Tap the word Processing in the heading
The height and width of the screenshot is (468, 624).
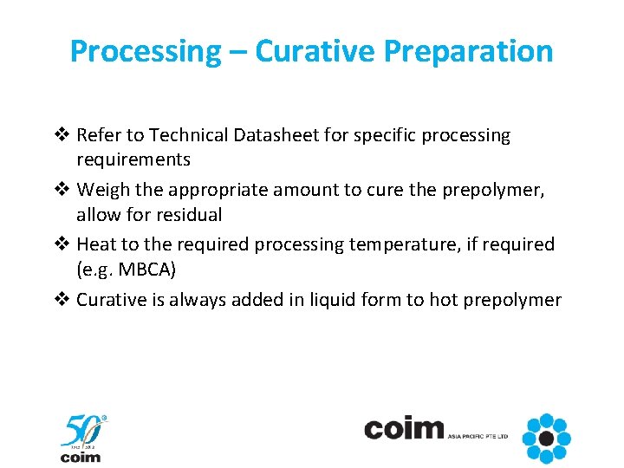click(x=146, y=52)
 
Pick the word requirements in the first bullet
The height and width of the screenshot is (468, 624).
click(x=133, y=159)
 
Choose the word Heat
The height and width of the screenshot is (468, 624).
click(x=96, y=244)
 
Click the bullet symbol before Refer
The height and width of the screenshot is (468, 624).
click(x=64, y=135)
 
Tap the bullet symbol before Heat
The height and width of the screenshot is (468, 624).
click(x=64, y=244)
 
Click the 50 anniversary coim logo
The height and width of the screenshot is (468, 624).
click(x=82, y=439)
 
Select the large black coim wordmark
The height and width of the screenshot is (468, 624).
click(x=403, y=429)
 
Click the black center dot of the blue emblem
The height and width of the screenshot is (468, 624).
click(x=547, y=438)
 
